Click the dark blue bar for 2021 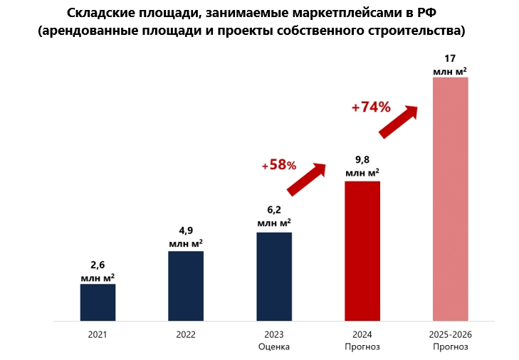pos(98,302)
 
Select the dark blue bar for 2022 pos(186,286)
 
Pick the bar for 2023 pos(274,277)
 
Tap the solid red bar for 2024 pos(362,251)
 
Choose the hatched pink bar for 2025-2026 pos(451,199)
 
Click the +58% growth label pos(278,164)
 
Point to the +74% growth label pos(371,107)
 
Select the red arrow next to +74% pos(399,122)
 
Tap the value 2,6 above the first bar pos(98,264)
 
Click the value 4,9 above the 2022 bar pos(186,231)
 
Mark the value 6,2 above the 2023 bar pos(274,211)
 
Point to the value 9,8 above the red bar pos(362,160)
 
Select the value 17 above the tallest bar pos(451,58)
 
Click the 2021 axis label pos(98,334)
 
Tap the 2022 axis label pos(186,334)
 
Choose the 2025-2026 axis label pos(451,334)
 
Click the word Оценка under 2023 pos(274,346)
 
